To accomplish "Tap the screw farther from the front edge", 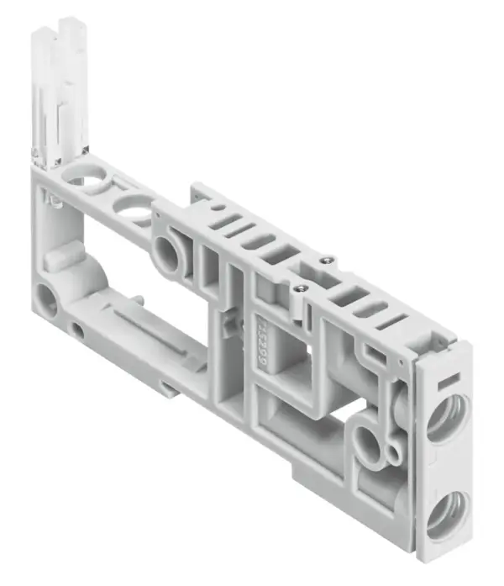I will (329, 260).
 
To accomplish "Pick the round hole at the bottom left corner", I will (45, 299).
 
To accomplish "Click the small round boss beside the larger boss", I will (391, 454).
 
